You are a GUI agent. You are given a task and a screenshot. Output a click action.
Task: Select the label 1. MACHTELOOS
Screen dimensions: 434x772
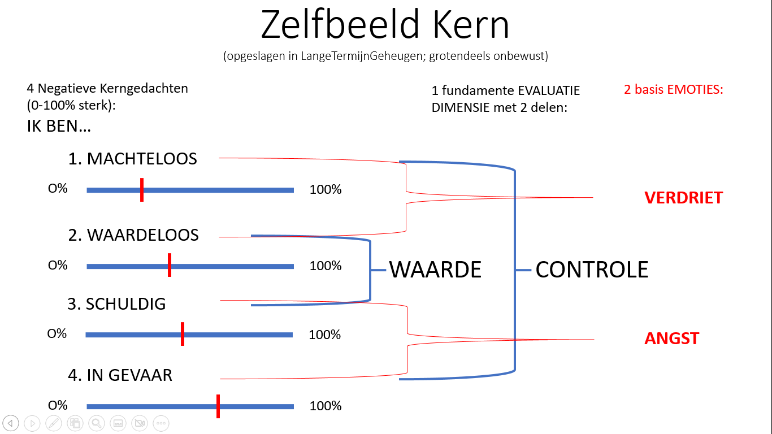click(133, 159)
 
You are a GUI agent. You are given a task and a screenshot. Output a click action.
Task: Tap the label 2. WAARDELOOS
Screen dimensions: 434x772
click(133, 235)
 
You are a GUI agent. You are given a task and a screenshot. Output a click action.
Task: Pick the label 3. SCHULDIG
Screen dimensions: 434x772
click(116, 304)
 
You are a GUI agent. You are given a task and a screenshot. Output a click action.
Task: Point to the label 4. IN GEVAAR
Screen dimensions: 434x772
click(120, 375)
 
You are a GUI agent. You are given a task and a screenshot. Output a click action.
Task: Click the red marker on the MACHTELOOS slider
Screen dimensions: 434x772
click(141, 190)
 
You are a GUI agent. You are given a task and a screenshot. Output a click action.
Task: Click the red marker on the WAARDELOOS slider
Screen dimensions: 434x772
click(170, 266)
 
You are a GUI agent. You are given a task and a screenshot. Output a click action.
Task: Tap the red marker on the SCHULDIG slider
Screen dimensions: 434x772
click(183, 334)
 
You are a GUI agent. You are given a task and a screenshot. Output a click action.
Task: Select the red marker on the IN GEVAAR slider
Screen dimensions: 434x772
click(218, 406)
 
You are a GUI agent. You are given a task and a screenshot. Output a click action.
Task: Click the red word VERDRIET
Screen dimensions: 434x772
click(683, 198)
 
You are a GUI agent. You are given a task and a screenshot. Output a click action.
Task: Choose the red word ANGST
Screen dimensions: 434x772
click(671, 338)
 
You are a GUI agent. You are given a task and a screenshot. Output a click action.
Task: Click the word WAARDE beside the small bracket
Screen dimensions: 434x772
click(435, 270)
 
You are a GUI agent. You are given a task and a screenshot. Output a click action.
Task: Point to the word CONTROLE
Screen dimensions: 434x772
click(592, 270)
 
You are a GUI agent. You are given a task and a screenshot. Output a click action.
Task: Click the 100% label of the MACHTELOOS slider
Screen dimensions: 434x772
click(326, 190)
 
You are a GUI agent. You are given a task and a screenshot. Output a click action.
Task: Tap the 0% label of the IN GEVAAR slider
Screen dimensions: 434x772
click(58, 405)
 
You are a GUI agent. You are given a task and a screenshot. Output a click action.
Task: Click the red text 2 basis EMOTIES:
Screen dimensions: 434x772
click(673, 89)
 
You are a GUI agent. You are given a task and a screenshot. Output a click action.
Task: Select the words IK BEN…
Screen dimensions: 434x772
click(59, 126)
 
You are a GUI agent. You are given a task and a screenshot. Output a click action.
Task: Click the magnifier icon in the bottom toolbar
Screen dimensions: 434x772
click(97, 423)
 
